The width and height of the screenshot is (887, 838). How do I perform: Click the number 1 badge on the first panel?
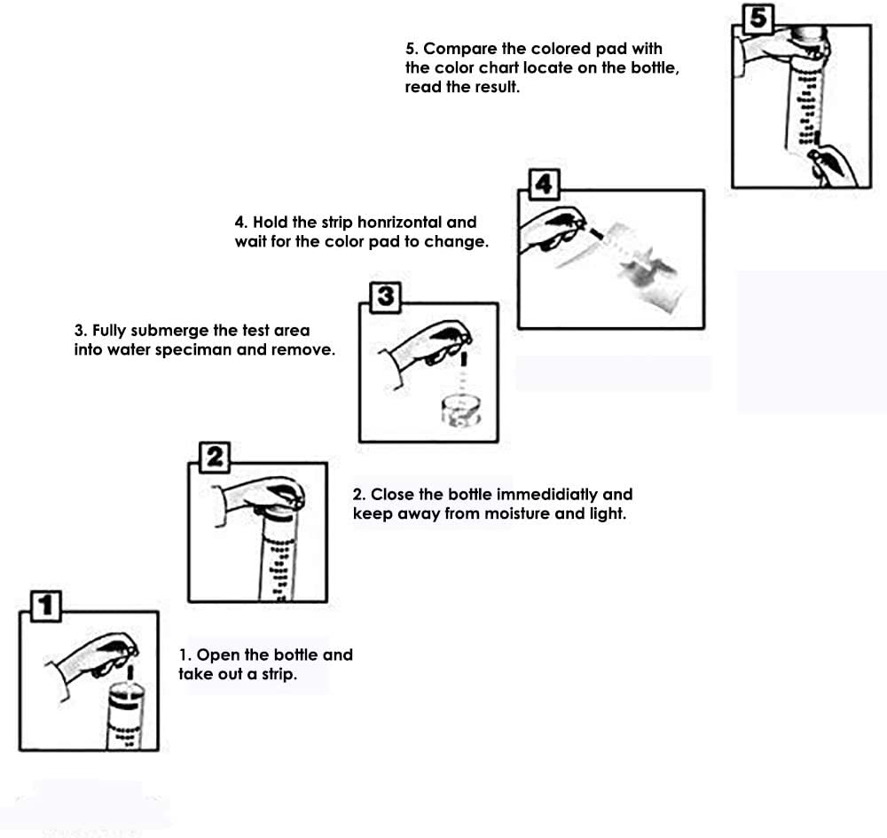tap(46, 607)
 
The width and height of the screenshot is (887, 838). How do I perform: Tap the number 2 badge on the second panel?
tap(215, 457)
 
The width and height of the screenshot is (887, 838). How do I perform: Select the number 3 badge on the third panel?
tap(385, 297)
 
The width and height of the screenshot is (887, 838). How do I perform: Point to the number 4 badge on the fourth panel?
tap(545, 184)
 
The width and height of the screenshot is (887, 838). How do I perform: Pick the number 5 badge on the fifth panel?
tap(758, 19)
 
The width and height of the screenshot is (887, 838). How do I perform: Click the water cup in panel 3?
tap(461, 411)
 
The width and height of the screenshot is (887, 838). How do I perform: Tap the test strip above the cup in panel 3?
tap(465, 360)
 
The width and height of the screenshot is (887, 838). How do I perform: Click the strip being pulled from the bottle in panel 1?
tap(130, 672)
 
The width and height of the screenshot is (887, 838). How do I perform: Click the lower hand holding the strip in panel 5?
tap(833, 165)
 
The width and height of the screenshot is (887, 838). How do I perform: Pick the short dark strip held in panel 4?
tap(596, 231)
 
